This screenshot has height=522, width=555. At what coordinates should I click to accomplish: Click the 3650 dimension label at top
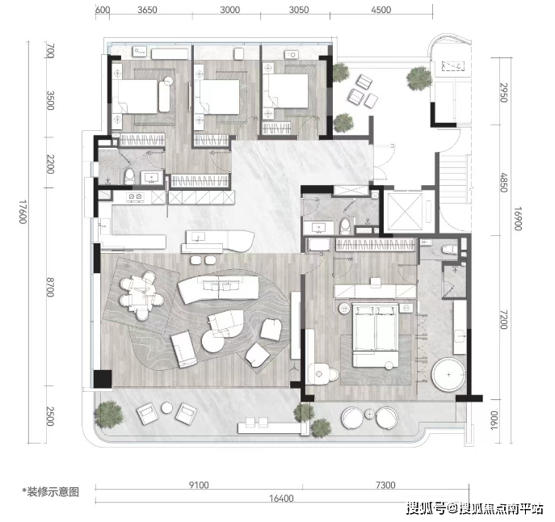coord(147,10)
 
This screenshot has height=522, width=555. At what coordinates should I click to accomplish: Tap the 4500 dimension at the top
coord(381,10)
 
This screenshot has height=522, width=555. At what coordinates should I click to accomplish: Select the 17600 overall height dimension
coord(23,212)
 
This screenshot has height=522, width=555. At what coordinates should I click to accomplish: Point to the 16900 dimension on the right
coord(518,218)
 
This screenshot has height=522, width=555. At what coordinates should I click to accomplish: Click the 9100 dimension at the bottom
coord(199,485)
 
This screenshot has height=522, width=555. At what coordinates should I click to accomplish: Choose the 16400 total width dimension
coord(281,499)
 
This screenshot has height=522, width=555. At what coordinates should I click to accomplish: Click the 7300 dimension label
coord(385,485)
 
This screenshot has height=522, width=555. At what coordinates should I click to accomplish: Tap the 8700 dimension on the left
coord(50,287)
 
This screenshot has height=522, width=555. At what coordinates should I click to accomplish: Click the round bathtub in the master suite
coord(448,375)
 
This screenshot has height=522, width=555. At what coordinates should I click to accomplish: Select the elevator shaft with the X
coord(406,212)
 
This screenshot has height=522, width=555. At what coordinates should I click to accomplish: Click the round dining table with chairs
coord(141,295)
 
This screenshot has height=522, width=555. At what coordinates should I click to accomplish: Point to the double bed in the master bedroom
coord(375,335)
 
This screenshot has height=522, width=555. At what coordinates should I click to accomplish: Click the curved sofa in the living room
coord(219,289)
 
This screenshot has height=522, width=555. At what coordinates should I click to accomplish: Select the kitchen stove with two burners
coord(135,197)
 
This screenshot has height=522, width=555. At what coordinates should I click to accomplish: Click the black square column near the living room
coord(103,379)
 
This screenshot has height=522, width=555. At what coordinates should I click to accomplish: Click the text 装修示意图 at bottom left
coord(53,492)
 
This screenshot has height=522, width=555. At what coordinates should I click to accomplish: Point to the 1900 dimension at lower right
coord(494,421)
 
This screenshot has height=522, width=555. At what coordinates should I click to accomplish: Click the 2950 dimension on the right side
coord(503,93)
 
